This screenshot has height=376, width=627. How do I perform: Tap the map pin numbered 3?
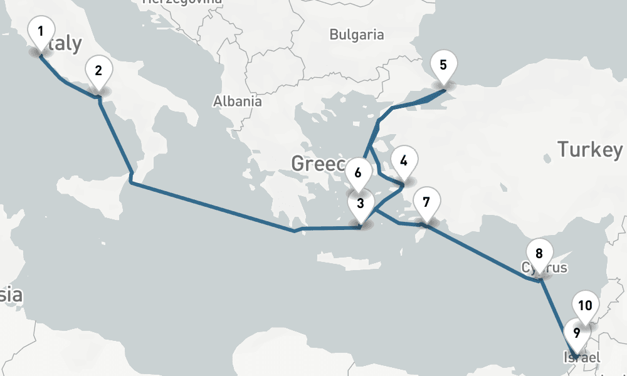click(361, 204)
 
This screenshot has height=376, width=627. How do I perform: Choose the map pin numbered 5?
click(443, 65)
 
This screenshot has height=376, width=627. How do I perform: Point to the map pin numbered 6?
click(358, 172)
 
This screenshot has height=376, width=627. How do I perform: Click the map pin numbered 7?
click(426, 202)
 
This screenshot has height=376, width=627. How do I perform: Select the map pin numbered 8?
click(539, 254)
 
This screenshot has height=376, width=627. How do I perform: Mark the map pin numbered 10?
click(585, 306)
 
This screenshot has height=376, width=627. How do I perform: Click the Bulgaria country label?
click(356, 35)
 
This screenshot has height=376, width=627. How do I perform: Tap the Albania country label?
click(237, 101)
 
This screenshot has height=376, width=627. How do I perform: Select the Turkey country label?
click(590, 150)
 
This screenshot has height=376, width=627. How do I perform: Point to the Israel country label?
click(582, 358)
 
